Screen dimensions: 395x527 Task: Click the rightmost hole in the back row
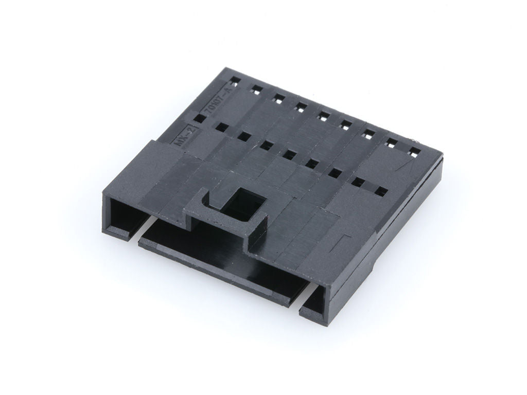[x=415, y=151]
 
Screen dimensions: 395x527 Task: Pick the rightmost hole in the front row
[x=381, y=191]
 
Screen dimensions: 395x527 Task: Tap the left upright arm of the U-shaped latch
[x=204, y=198]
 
